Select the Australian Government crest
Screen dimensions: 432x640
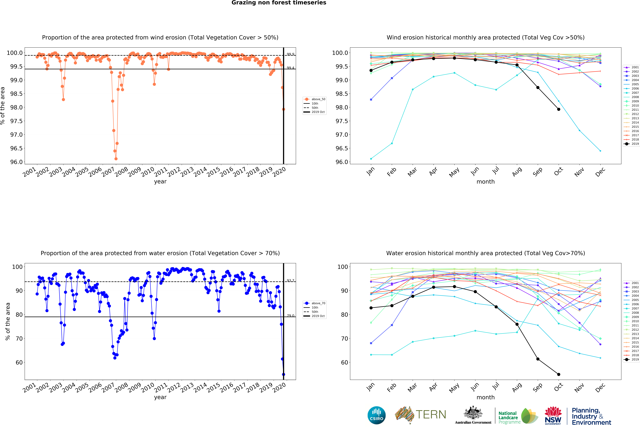tap(473, 412)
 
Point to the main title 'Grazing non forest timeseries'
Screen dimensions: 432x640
tap(279, 3)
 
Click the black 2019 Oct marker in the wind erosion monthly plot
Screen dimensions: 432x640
tap(558, 109)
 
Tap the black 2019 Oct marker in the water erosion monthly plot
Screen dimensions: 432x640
tap(558, 374)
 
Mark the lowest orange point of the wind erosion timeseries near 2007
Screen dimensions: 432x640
tap(116, 159)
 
